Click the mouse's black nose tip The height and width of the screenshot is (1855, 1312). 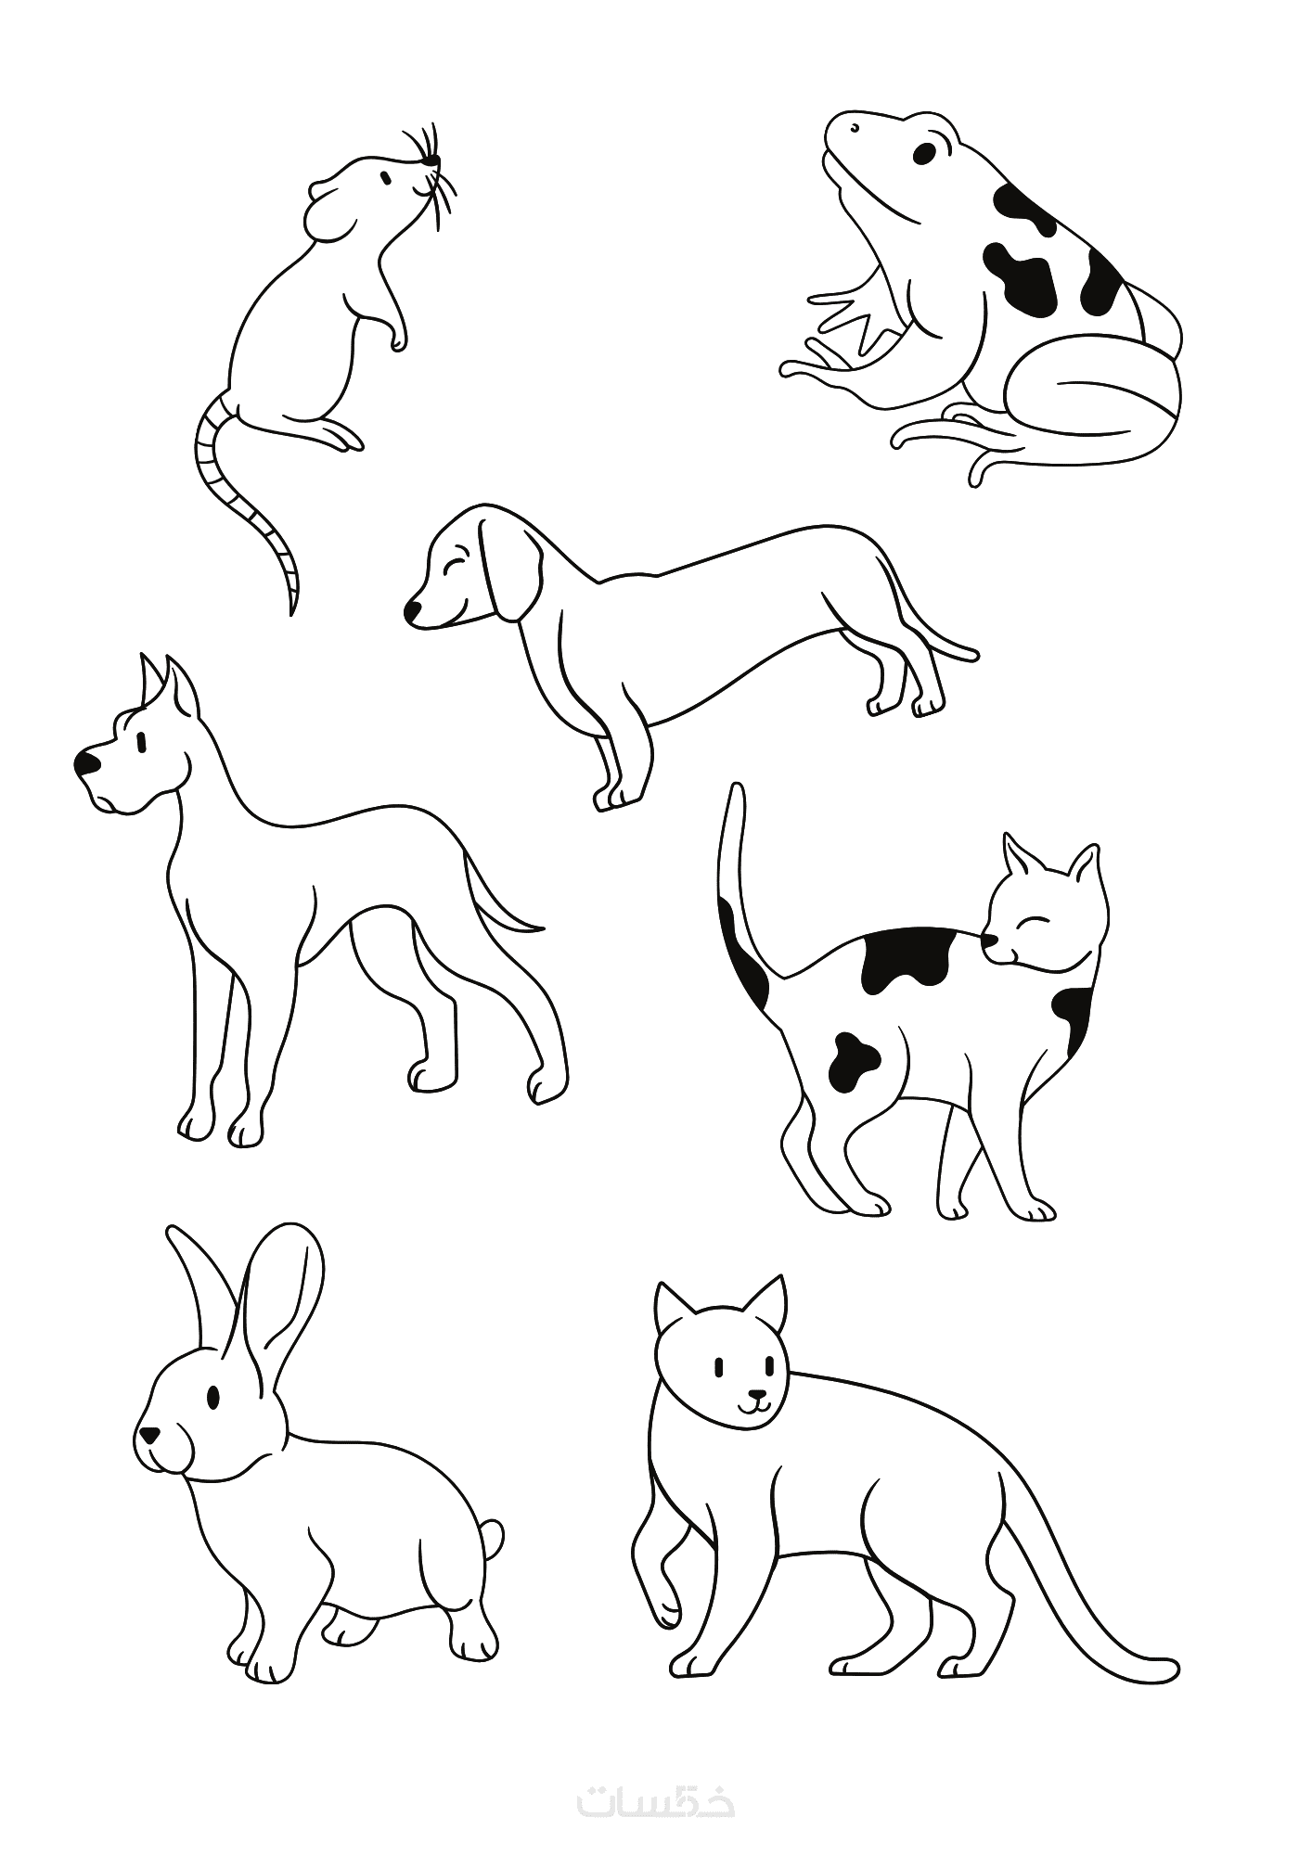(430, 161)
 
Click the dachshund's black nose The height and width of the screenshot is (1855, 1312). (412, 610)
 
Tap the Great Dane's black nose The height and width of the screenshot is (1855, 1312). (87, 763)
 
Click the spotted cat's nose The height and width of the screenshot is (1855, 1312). (990, 942)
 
